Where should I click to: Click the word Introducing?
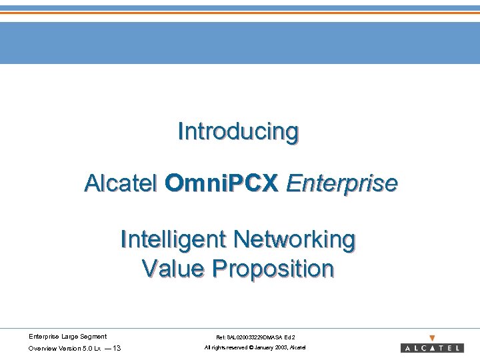pyautogui.click(x=238, y=131)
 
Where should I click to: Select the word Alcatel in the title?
pyautogui.click(x=121, y=183)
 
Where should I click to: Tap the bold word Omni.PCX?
pyautogui.click(x=221, y=183)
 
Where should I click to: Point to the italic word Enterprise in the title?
pyautogui.click(x=341, y=183)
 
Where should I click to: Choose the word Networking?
pyautogui.click(x=297, y=239)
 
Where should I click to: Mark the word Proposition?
pyautogui.click(x=273, y=269)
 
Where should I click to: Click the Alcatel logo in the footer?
pyautogui.click(x=432, y=348)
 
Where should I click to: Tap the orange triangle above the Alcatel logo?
pyautogui.click(x=432, y=338)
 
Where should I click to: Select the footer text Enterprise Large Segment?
pyautogui.click(x=67, y=337)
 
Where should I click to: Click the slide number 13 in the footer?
pyautogui.click(x=117, y=349)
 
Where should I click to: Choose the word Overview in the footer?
pyautogui.click(x=41, y=349)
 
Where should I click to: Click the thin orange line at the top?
pyautogui.click(x=240, y=13)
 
